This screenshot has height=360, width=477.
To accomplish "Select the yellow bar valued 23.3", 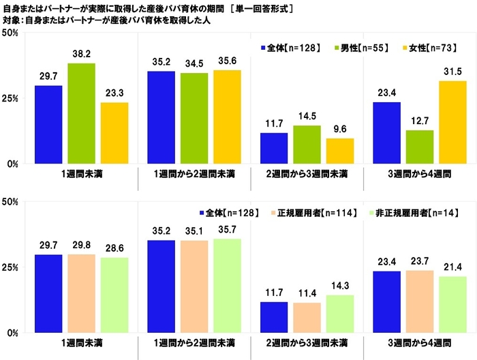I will [x=114, y=134].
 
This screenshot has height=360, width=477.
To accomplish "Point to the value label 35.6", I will [x=227, y=61].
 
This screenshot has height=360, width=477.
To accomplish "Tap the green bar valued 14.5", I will [x=307, y=145].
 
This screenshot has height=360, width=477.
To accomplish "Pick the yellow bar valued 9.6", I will [x=340, y=151].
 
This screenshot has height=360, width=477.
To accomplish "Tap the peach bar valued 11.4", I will [x=307, y=318].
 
